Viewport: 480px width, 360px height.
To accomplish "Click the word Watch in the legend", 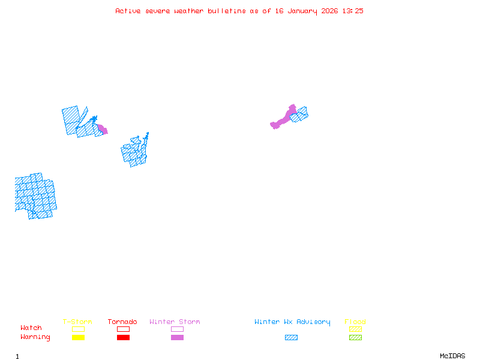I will click(31, 328).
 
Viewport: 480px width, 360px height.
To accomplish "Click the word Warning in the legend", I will click(35, 337).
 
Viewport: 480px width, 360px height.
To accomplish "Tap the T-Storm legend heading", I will click(77, 322).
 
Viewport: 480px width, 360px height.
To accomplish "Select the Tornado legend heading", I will click(122, 322).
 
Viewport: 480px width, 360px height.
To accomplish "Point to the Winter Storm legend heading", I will click(175, 322).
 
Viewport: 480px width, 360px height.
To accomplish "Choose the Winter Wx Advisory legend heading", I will click(292, 322).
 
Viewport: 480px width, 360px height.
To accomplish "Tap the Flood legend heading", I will click(355, 322).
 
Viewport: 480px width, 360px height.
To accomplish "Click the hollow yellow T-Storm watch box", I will click(78, 329).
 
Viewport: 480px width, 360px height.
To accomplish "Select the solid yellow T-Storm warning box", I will click(78, 337).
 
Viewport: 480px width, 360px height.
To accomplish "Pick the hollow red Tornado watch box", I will click(123, 329).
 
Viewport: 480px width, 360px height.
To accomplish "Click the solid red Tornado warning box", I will click(123, 337).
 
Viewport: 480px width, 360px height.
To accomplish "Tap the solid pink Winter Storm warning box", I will click(177, 337).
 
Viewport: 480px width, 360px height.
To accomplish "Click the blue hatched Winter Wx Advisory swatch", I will click(291, 337).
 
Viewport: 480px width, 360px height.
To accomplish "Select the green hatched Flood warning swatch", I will click(355, 337).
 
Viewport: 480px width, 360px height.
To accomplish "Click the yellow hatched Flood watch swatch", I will click(355, 329).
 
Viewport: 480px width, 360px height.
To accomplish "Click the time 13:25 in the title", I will click(353, 11).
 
